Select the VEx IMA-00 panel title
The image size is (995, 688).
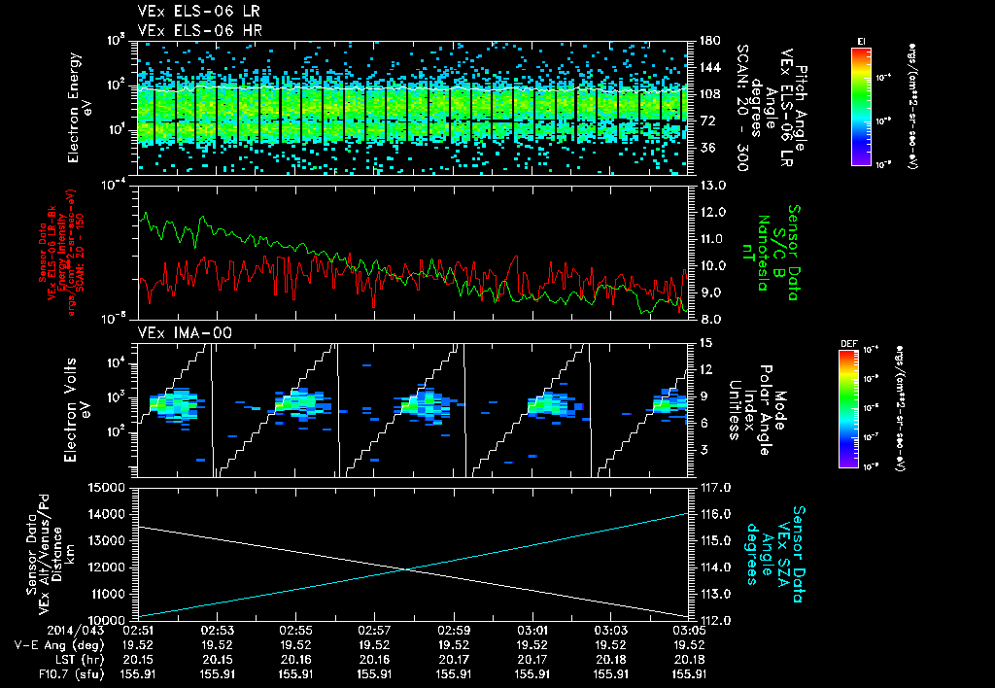176,332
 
